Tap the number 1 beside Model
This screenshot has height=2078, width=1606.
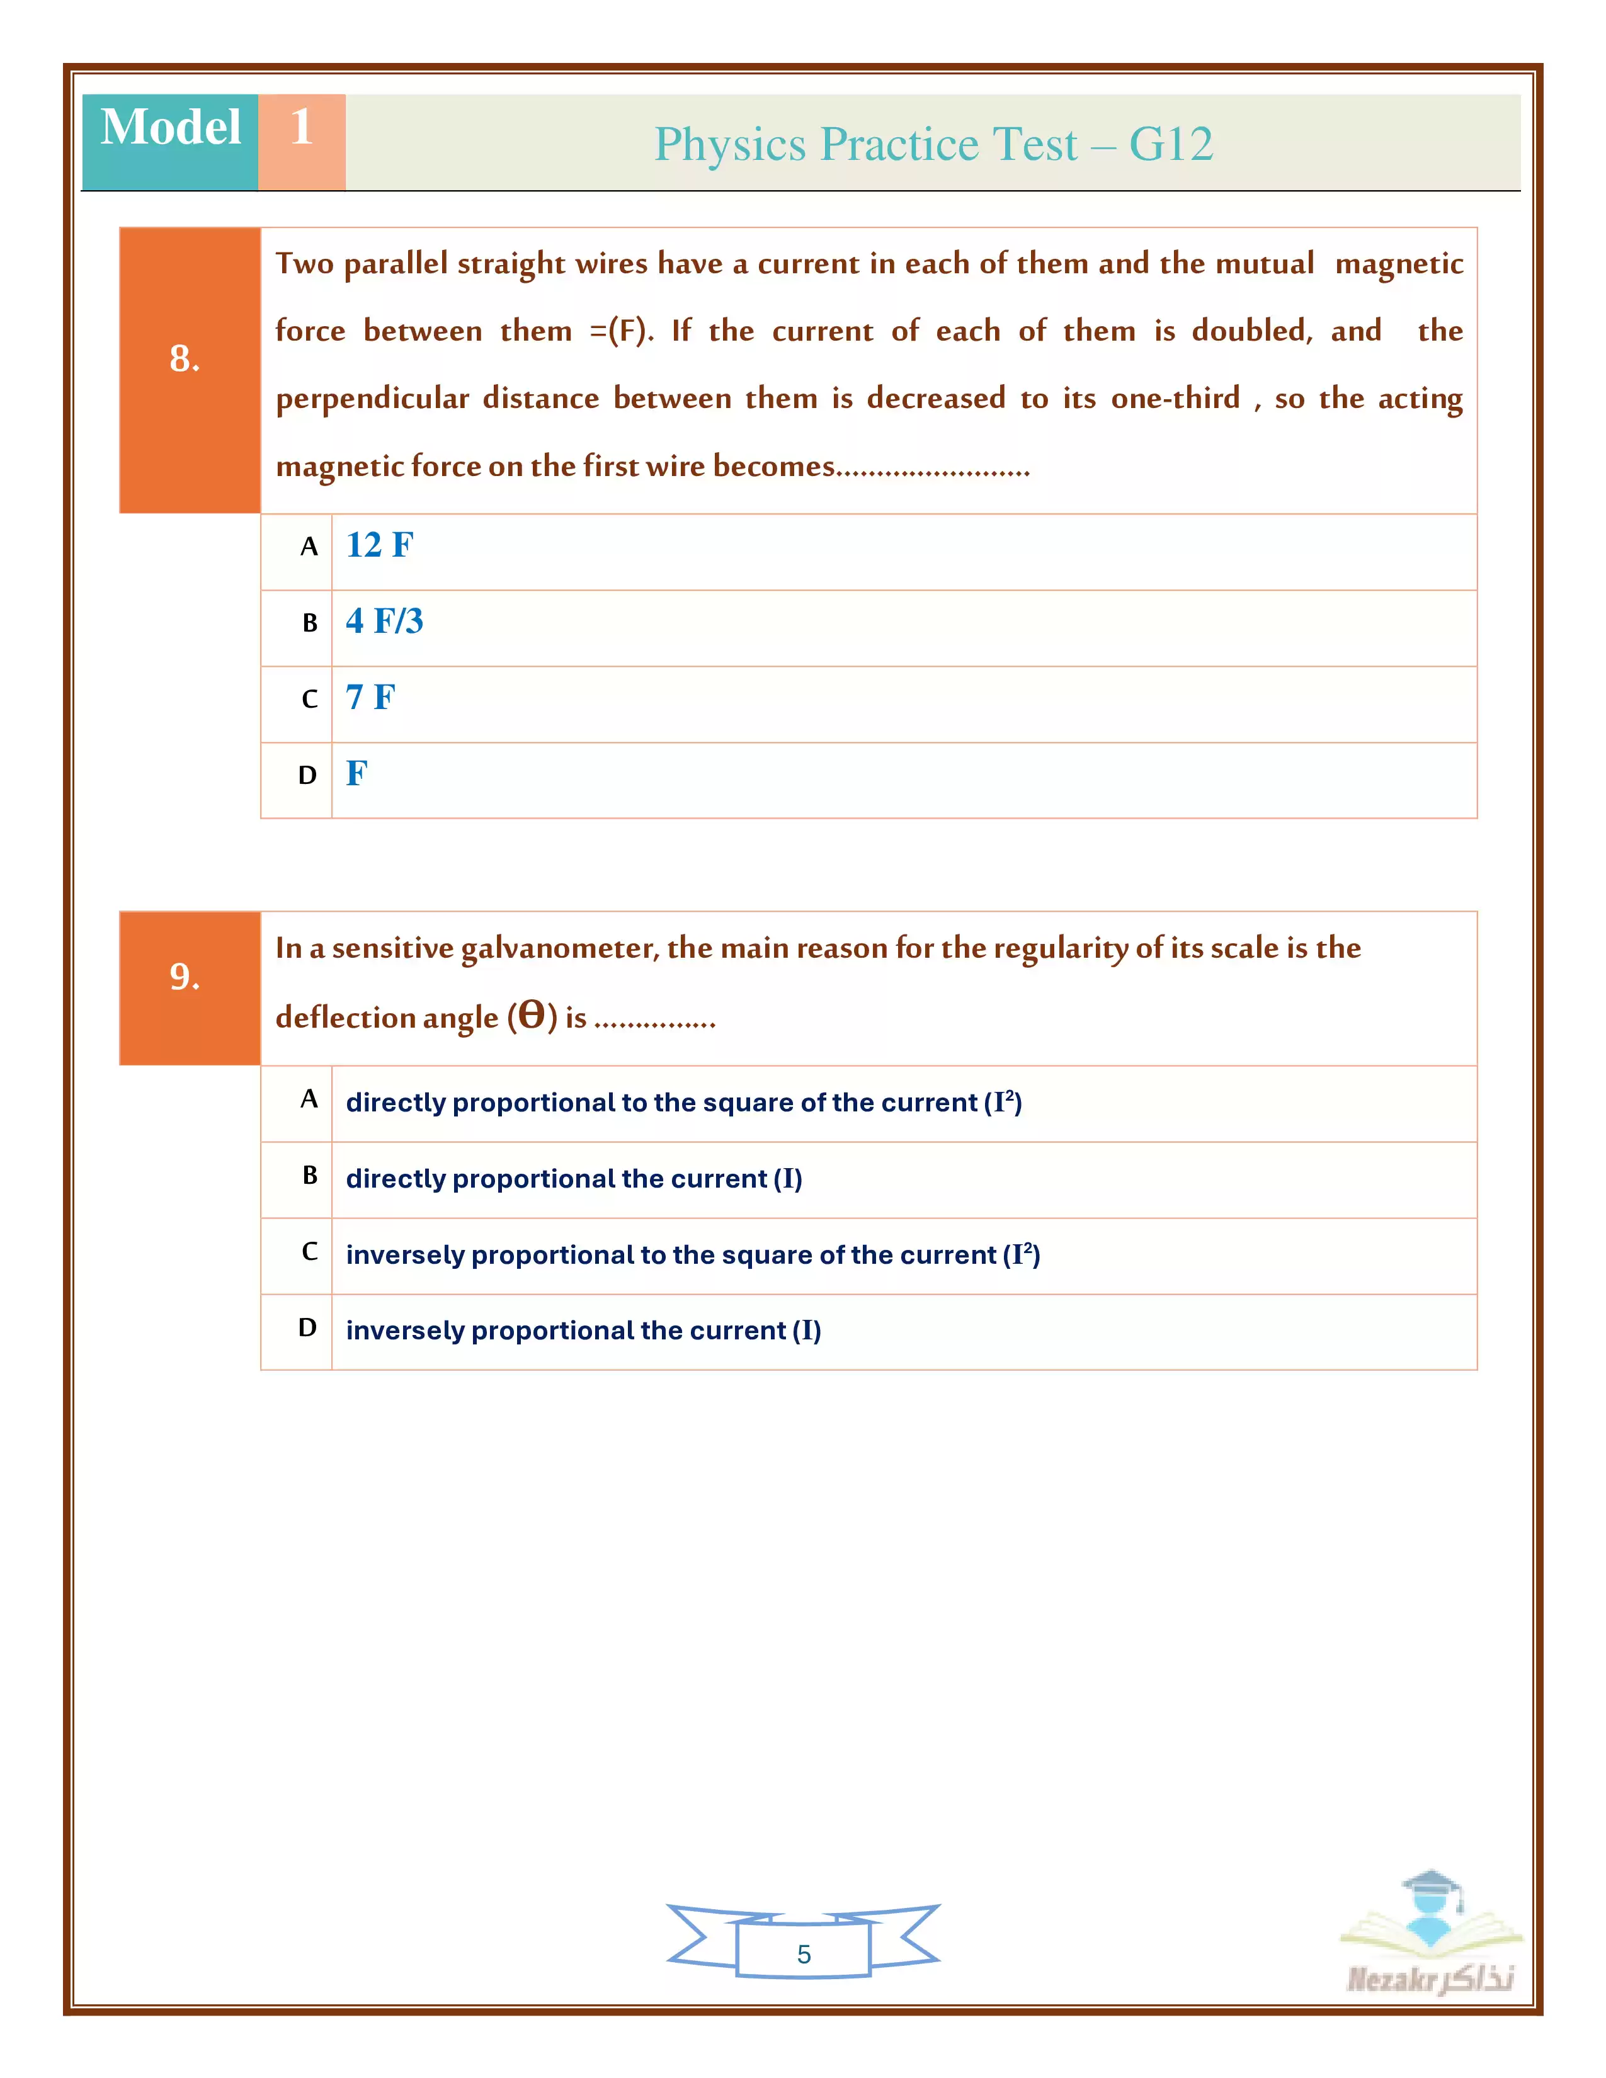[x=302, y=127]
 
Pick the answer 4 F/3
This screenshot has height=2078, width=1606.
[x=384, y=622]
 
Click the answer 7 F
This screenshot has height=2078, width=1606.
[x=370, y=698]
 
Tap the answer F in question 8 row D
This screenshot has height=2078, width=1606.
[x=356, y=773]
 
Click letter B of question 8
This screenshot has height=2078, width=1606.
[x=309, y=623]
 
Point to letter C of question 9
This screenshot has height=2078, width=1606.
[x=309, y=1252]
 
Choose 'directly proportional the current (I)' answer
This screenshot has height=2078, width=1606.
[x=574, y=1179]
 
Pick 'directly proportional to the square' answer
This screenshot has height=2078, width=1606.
[x=683, y=1103]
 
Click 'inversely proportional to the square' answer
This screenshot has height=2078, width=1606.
[x=693, y=1255]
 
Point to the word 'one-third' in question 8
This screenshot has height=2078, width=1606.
[x=1175, y=398]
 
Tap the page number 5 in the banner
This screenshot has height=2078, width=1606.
[x=804, y=1955]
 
